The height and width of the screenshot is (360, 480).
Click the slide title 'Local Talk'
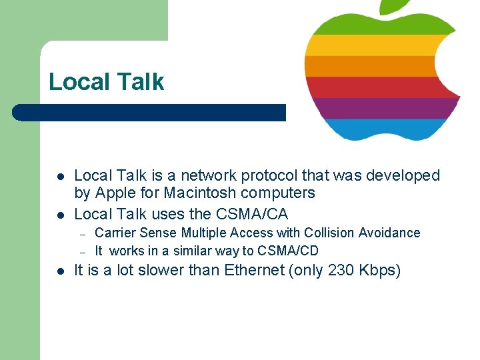click(106, 82)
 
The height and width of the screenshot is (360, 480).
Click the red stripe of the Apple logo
click(373, 87)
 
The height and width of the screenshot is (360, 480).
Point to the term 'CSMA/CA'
click(252, 214)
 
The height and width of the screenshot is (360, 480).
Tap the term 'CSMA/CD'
click(288, 251)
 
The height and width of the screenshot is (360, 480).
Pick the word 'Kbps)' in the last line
click(379, 271)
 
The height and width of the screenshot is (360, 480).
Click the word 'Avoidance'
click(389, 233)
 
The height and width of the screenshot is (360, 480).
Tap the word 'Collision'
click(329, 233)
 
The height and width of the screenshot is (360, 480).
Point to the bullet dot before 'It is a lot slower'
click(59, 271)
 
